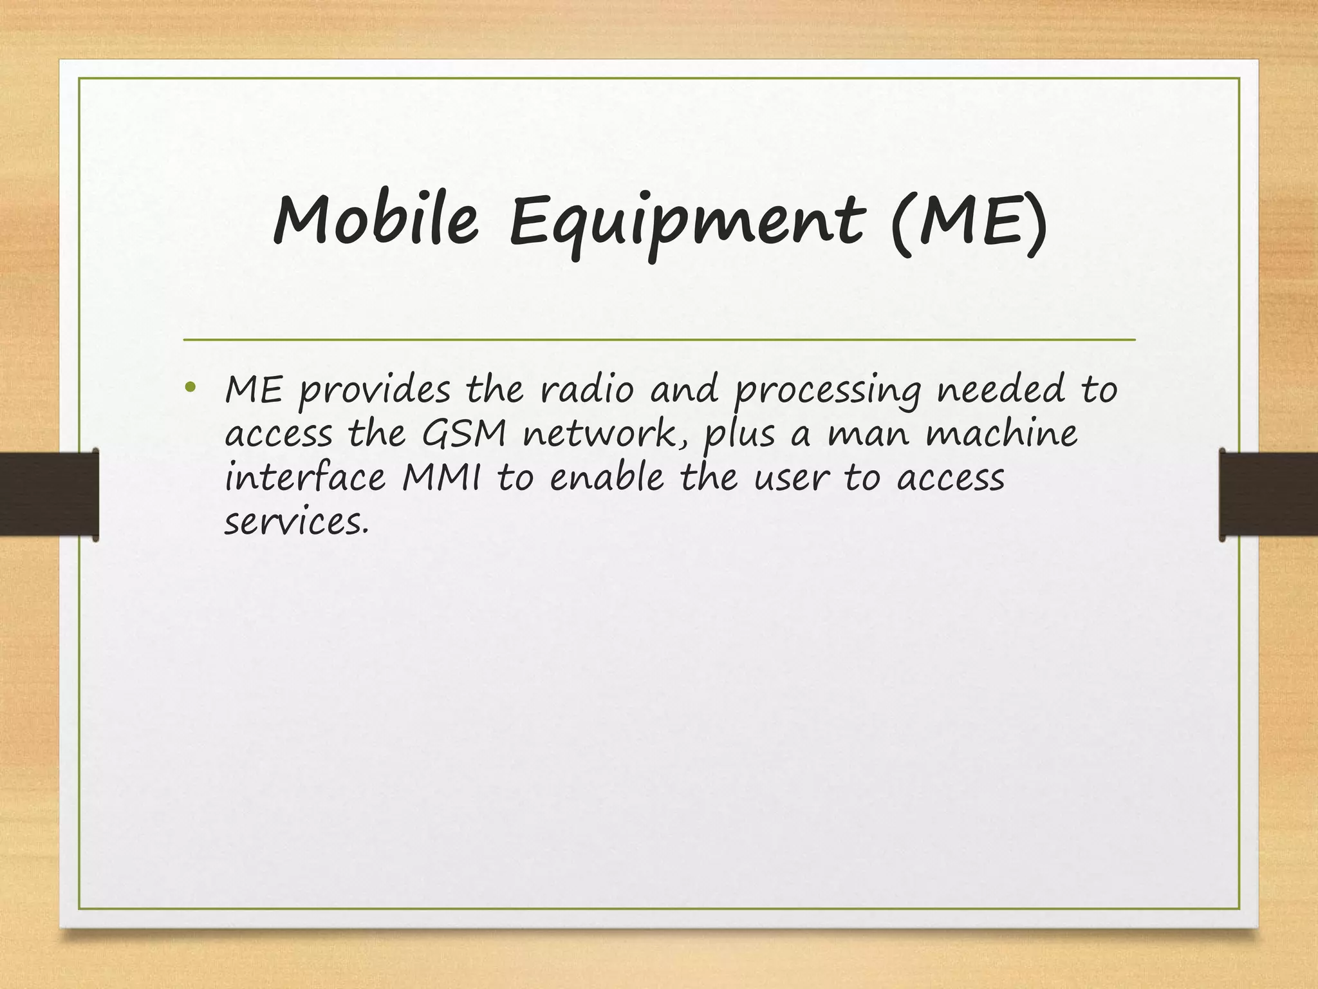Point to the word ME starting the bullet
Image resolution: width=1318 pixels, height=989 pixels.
(x=253, y=390)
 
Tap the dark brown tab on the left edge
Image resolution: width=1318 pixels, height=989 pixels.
(x=48, y=494)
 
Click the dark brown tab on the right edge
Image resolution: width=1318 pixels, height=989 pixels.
(x=1268, y=494)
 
